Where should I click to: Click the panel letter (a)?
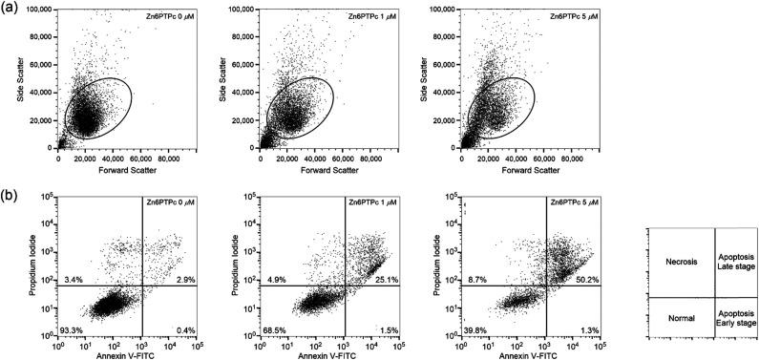[x=10, y=11]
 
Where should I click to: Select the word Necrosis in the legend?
[x=680, y=261]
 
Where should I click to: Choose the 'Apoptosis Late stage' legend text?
[x=735, y=261]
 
